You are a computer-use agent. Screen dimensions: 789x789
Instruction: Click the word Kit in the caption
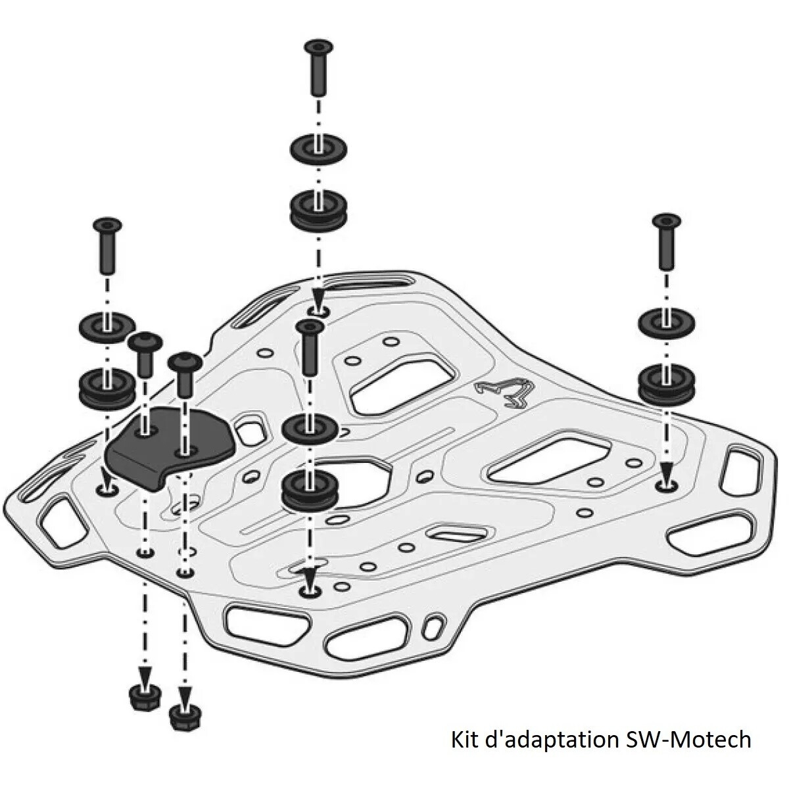[465, 739]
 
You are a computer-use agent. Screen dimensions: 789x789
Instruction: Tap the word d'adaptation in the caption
[548, 739]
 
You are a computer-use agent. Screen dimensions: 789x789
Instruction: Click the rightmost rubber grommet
[665, 383]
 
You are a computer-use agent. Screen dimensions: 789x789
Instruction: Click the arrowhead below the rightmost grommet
[667, 471]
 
